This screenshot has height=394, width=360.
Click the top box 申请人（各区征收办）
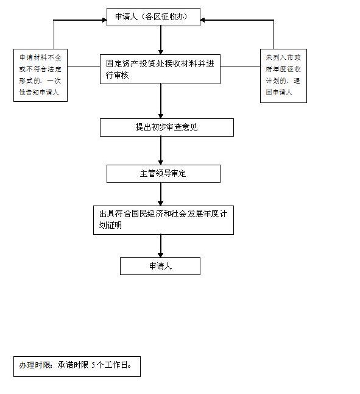(154, 17)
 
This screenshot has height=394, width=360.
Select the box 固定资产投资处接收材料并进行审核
(160, 69)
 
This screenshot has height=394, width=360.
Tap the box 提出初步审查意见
(166, 127)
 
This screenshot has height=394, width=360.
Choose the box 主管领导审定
(163, 174)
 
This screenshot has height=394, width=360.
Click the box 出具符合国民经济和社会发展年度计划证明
(163, 220)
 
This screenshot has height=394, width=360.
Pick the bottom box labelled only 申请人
(160, 266)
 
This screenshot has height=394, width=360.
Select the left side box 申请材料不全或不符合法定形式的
(40, 75)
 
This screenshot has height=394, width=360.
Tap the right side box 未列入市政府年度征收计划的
(283, 76)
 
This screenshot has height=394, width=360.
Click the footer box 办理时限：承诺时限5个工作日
(77, 367)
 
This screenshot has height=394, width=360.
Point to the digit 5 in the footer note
(93, 365)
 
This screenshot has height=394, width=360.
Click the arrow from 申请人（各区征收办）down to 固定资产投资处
(161, 40)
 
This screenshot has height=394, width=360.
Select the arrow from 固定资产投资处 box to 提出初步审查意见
(161, 101)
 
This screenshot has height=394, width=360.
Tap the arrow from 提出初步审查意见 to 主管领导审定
(161, 151)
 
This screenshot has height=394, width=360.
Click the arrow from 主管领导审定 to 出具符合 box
(161, 194)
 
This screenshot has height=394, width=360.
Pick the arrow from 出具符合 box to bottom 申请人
(161, 246)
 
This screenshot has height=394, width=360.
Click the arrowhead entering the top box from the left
(104, 20)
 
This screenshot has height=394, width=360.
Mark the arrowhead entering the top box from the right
(202, 20)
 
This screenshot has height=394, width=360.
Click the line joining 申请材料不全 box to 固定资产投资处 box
(84, 66)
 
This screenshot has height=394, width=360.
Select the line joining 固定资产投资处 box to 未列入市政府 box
(241, 66)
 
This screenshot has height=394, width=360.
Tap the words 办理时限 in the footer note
(35, 365)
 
